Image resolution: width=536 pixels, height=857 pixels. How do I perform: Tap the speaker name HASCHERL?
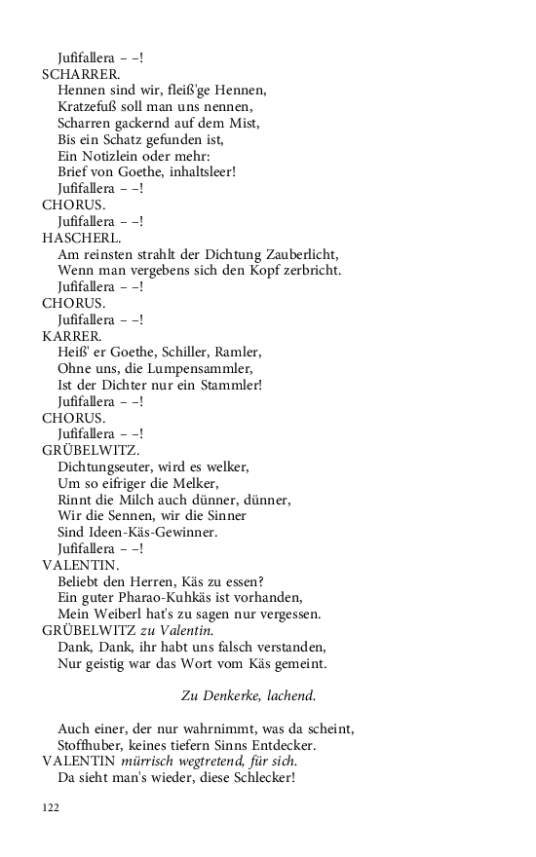point(82,237)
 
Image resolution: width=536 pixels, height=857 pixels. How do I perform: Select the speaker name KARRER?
point(72,335)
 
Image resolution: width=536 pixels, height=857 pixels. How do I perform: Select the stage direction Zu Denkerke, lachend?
point(249,695)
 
